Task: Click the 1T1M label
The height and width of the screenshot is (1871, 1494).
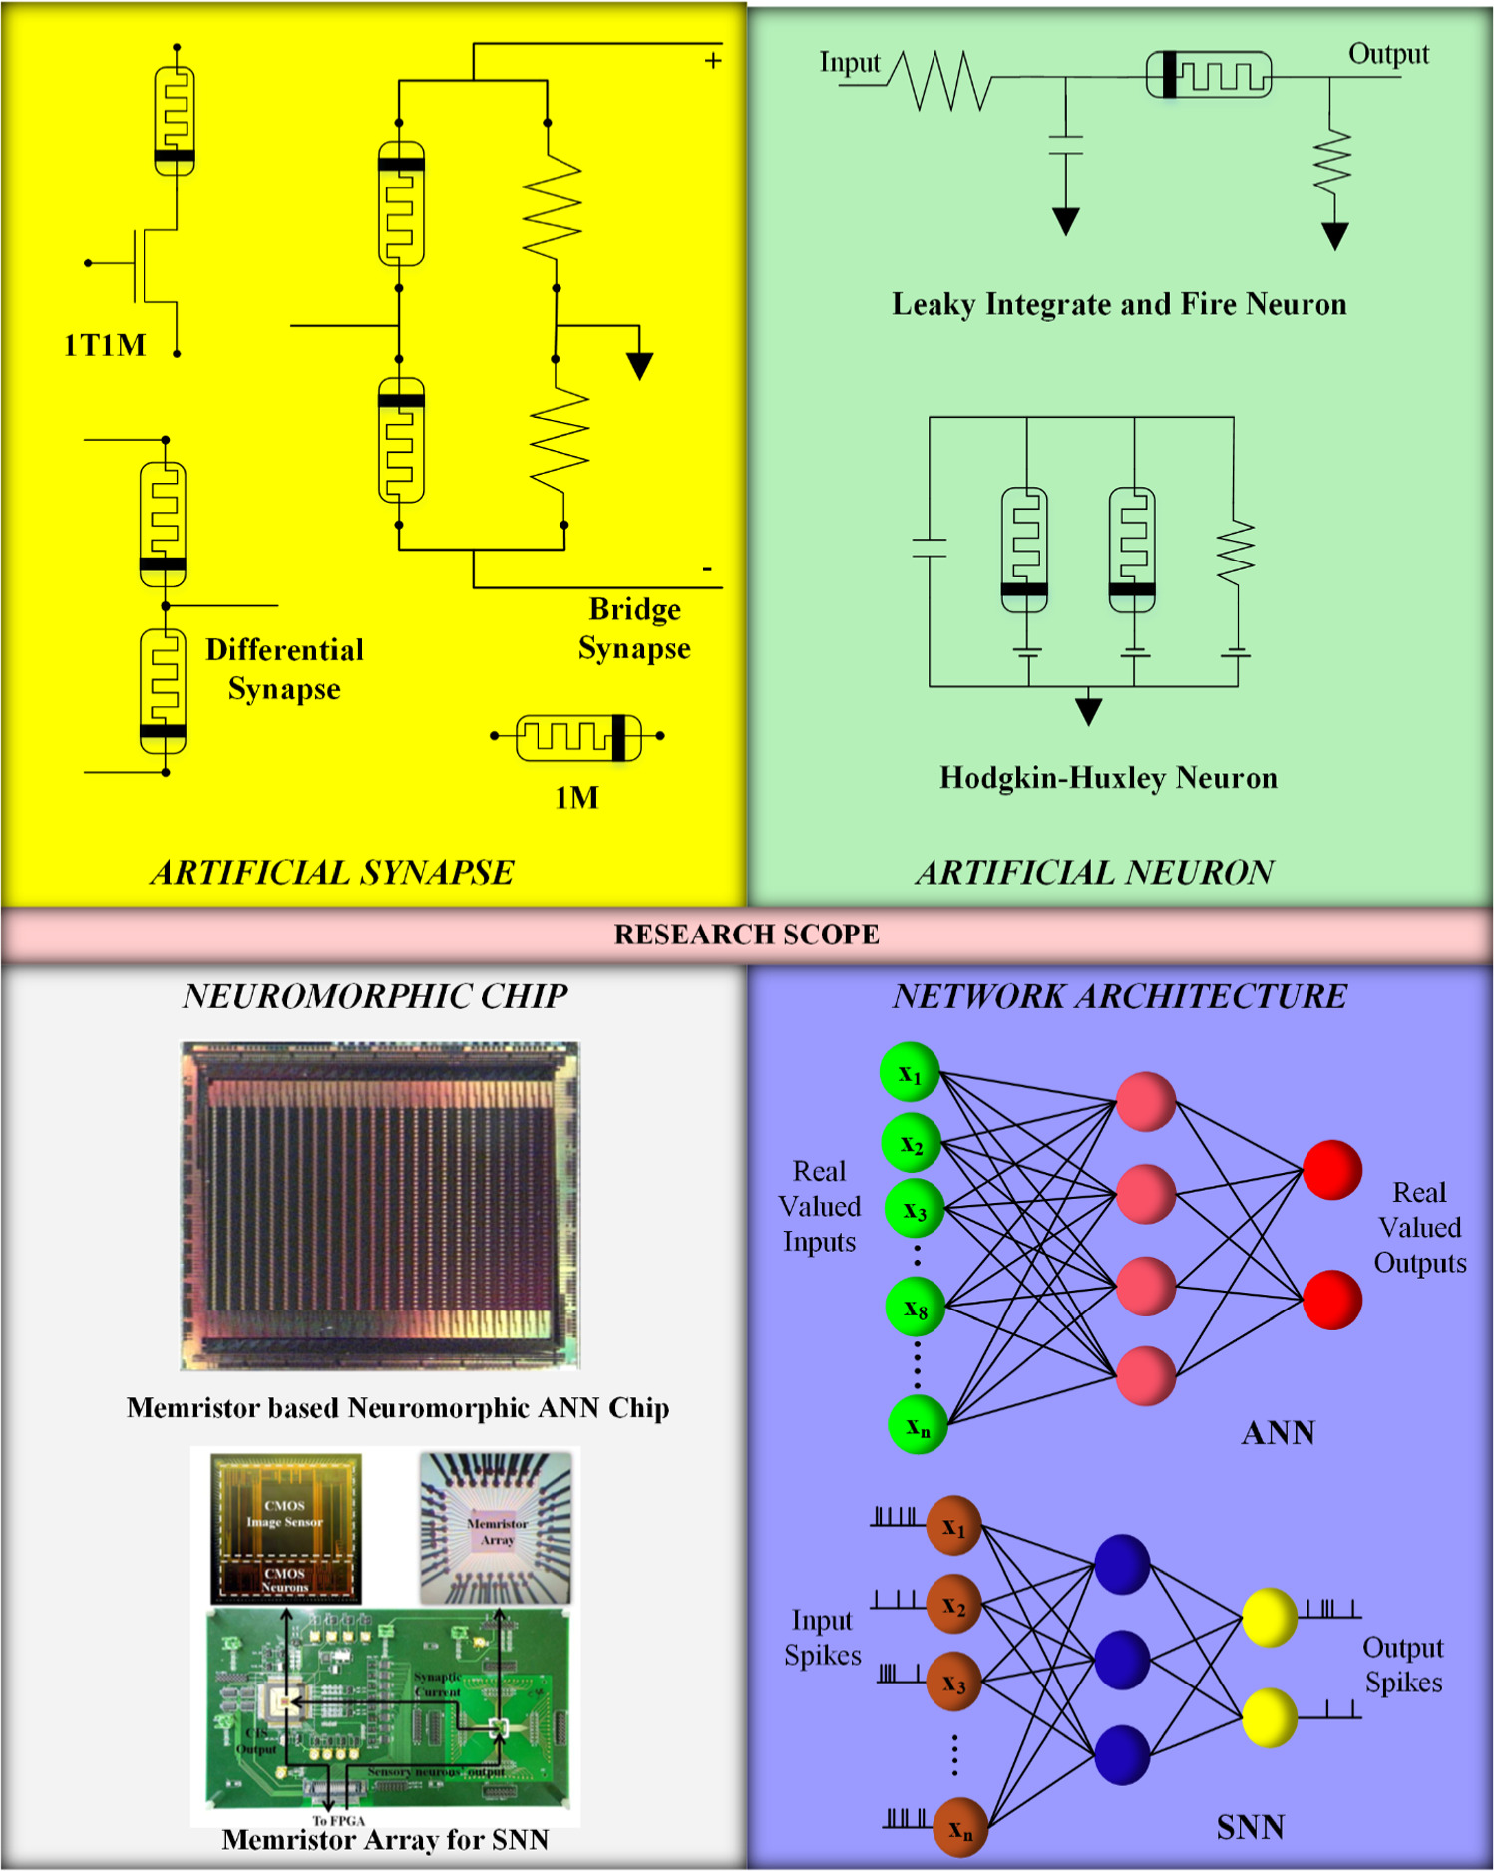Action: pos(105,345)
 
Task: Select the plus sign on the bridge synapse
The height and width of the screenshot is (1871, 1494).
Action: pos(713,61)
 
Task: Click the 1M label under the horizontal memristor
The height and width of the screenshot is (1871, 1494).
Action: pos(576,797)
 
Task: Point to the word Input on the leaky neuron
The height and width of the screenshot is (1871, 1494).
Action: pos(850,63)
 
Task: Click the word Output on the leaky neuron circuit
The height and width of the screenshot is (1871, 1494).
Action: pos(1388,54)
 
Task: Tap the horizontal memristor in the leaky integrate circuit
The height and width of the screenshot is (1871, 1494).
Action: pos(1209,76)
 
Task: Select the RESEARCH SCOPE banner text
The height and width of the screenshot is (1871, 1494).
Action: pos(746,935)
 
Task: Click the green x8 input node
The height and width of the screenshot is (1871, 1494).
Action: pos(916,1307)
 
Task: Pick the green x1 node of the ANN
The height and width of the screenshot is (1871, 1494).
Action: pos(910,1073)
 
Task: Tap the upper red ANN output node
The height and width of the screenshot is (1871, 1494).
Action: pos(1331,1170)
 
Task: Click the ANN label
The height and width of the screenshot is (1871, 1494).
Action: pos(1278,1433)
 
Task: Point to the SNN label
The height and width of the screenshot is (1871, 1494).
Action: pos(1250,1827)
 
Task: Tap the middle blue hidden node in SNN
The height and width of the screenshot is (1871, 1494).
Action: pos(1122,1660)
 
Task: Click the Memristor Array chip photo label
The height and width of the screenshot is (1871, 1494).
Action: pos(497,1532)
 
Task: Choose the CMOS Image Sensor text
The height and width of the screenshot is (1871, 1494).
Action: pos(285,1513)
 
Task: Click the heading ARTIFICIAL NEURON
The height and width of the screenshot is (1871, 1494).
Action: pos(1094,873)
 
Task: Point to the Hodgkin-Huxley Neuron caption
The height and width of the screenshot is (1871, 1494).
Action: pos(1108,778)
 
